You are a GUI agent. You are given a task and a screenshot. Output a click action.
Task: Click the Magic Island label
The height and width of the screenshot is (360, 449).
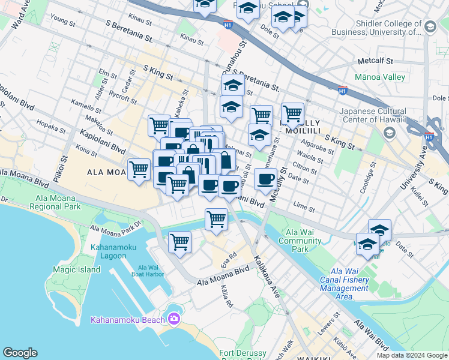pos(76,269)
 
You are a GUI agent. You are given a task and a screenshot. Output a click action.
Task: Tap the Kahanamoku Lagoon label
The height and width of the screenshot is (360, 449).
pos(109,251)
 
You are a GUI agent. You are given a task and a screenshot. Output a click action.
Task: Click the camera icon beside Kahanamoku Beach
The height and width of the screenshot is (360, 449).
pos(175,318)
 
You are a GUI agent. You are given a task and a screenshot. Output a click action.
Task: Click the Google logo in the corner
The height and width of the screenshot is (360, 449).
pos(20,353)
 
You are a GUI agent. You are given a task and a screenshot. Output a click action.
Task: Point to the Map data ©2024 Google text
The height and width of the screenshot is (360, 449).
pos(412,355)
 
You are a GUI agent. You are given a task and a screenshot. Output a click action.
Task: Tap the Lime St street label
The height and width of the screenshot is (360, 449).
pos(304,208)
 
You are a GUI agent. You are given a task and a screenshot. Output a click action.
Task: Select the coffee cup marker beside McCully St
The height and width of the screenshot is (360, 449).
pos(266,178)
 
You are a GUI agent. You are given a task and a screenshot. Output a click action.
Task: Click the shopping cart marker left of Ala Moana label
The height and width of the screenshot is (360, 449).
pos(139,169)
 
